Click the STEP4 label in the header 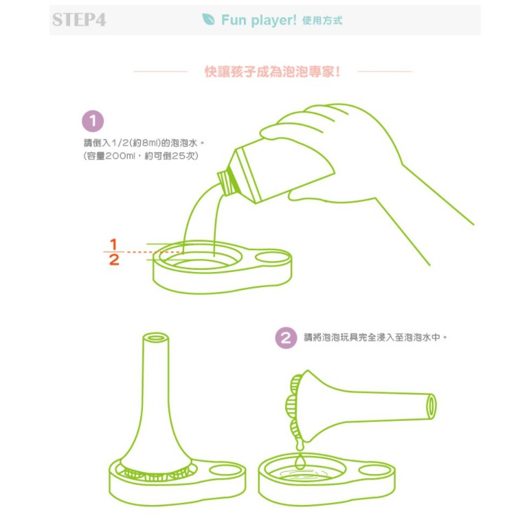coord(79,20)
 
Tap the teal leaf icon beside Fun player coord(208,19)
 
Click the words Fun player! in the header coord(259,20)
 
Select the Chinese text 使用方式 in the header coord(322,21)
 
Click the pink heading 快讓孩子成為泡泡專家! coord(273,72)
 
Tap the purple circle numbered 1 coord(93,121)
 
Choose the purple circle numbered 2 coord(286,338)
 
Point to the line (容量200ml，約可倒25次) coord(141,156)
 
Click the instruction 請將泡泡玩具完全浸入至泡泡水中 coord(376,337)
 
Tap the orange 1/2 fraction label coord(114,252)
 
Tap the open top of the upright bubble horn coord(155,338)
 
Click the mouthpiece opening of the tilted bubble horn coord(431,407)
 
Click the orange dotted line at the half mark coord(154,252)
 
